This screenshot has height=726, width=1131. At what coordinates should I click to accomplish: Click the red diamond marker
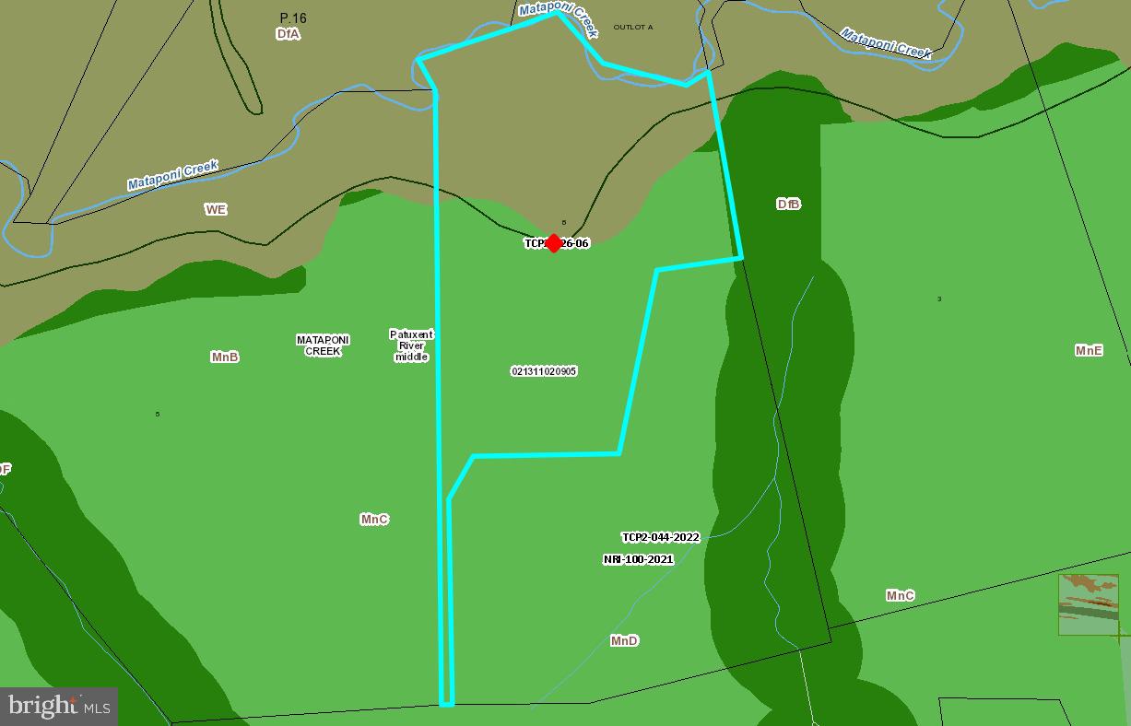[x=553, y=242]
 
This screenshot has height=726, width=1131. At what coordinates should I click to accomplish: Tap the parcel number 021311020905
[x=544, y=371]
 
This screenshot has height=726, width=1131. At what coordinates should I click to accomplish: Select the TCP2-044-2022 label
[x=661, y=537]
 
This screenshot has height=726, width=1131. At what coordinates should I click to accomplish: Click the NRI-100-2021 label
[x=638, y=559]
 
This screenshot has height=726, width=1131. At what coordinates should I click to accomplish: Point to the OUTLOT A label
[x=633, y=28]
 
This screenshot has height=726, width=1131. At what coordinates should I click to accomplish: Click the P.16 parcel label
[x=293, y=18]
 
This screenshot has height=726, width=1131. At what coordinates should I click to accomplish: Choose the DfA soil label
[x=288, y=34]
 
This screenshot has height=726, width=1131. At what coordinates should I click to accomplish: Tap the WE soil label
[x=216, y=209]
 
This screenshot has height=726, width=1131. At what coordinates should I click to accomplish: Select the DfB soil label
[x=788, y=204]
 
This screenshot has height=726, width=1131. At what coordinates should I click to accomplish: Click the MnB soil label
[x=225, y=357]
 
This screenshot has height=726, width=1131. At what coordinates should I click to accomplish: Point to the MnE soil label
[x=1089, y=350]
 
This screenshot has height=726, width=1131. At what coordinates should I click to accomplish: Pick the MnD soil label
[x=624, y=640]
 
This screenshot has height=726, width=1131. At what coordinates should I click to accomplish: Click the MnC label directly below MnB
[x=374, y=520]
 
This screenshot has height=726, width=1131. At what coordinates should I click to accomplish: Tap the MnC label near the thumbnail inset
[x=901, y=595]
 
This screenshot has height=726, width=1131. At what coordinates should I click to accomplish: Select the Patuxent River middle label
[x=411, y=345]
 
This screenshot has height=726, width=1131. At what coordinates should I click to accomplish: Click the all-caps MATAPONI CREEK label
[x=323, y=345]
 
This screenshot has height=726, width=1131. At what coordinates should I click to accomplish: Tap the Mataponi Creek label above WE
[x=173, y=175]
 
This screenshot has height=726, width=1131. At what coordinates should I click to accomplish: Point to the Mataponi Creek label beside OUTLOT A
[x=560, y=18]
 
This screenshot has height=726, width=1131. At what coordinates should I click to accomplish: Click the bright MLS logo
[x=59, y=707]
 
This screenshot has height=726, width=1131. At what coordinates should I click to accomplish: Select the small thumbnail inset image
[x=1088, y=604]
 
